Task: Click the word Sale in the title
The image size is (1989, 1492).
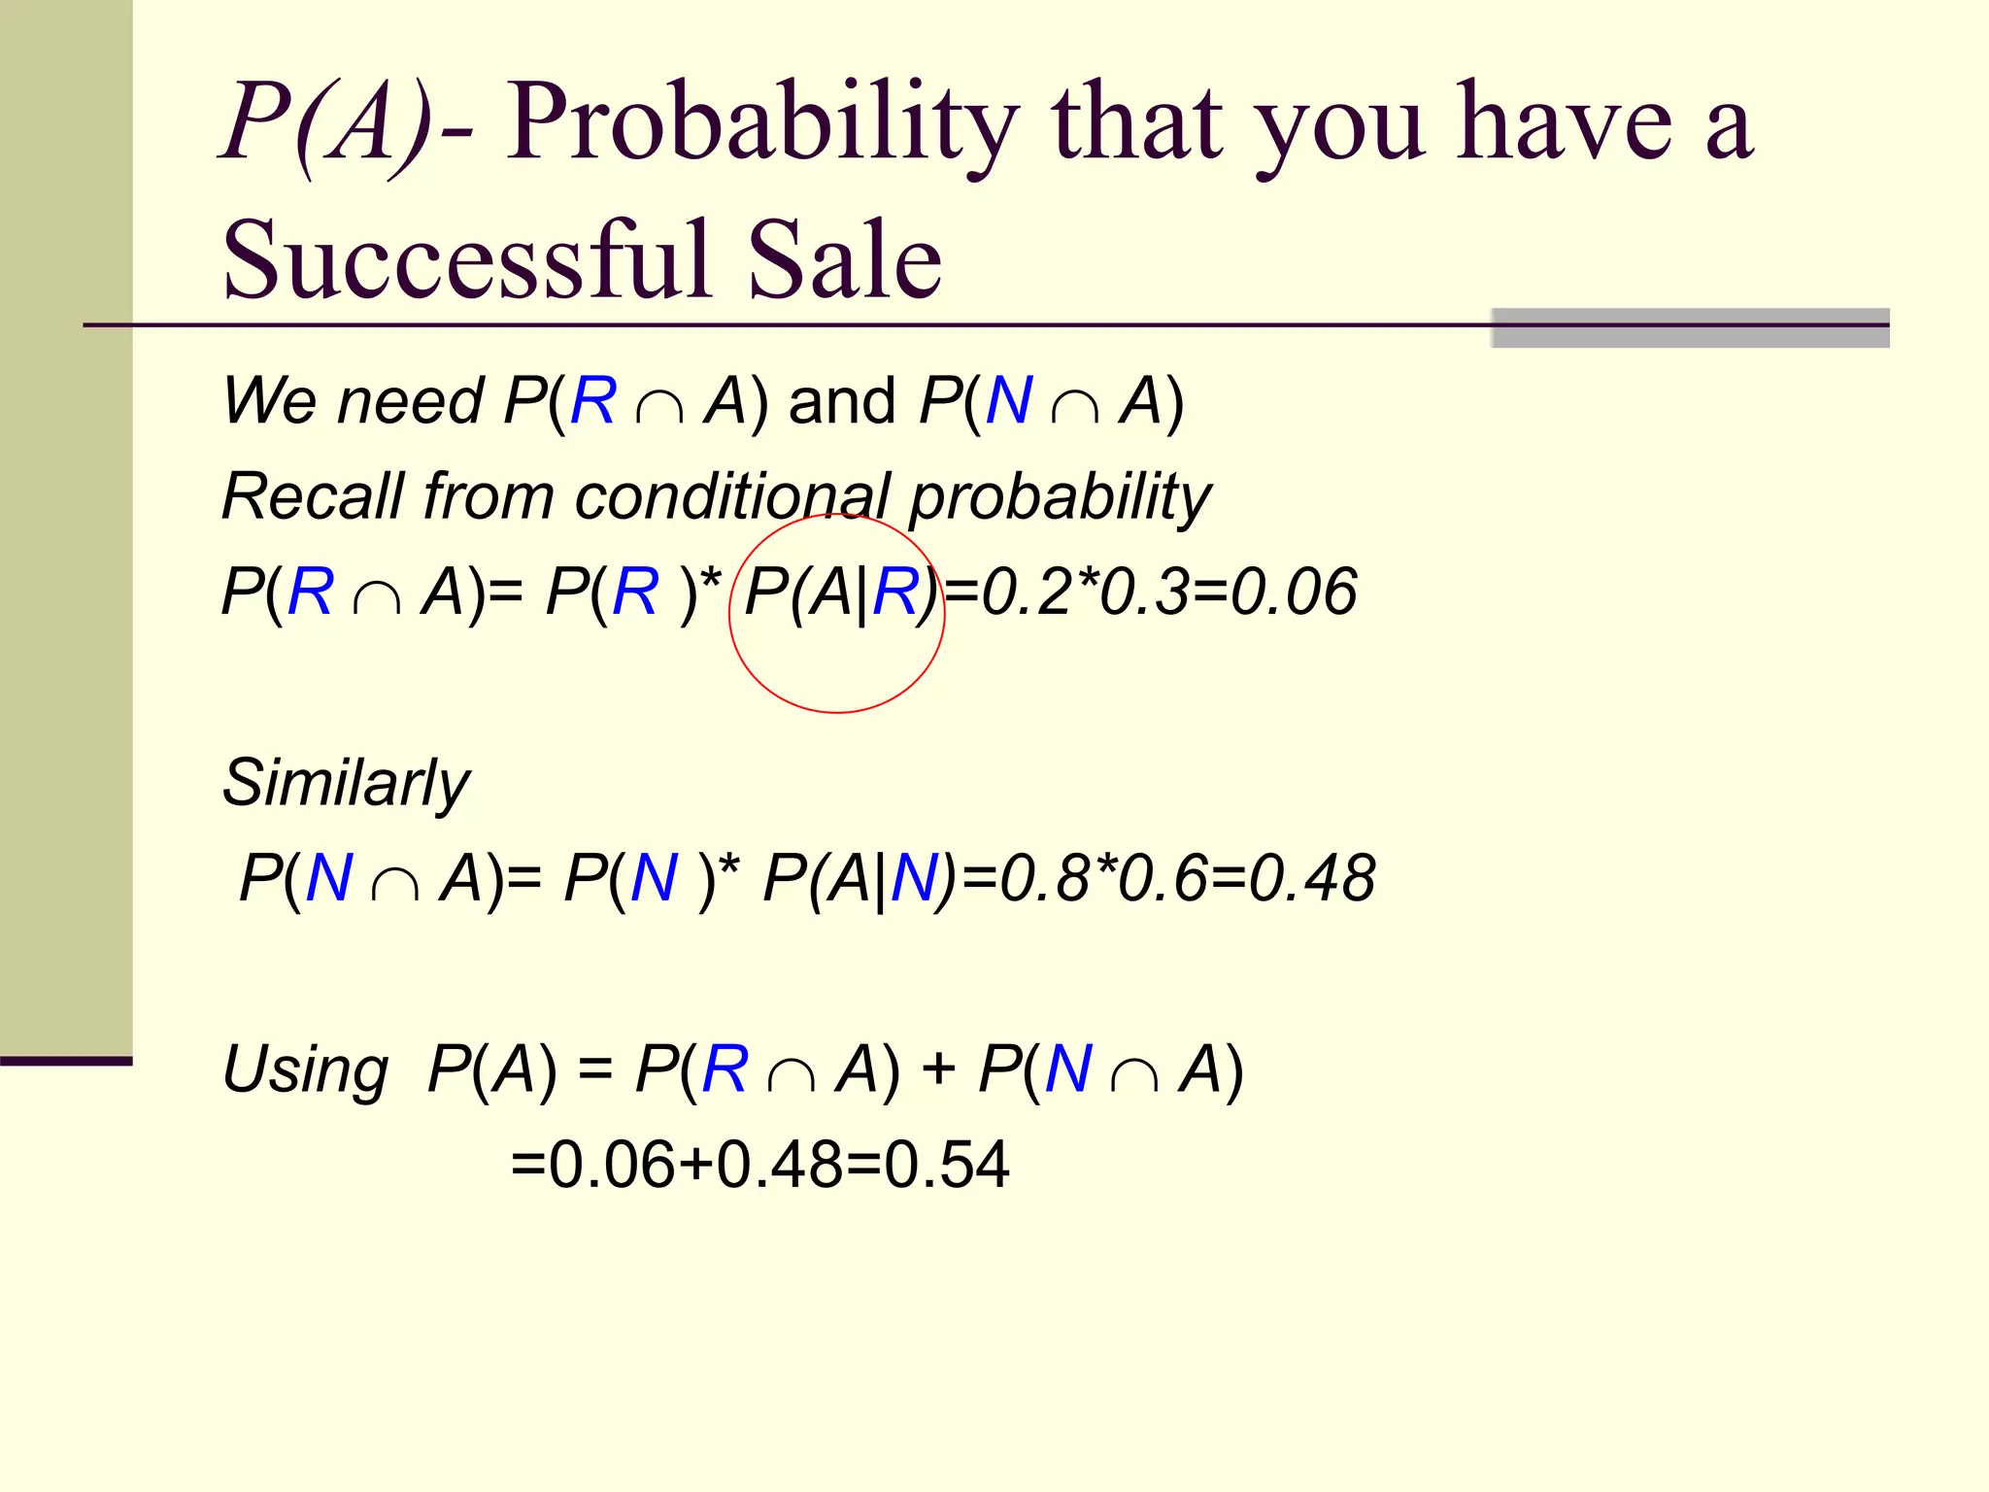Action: tap(843, 260)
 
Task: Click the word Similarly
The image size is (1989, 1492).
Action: tap(346, 783)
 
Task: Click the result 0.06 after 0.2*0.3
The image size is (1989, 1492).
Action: tap(1294, 592)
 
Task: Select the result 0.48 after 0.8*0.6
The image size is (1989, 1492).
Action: tap(1312, 878)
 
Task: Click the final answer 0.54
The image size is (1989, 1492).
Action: tap(947, 1165)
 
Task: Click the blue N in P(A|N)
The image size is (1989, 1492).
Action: tap(913, 878)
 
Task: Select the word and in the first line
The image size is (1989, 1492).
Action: tap(841, 401)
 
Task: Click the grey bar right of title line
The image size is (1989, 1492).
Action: tap(1690, 328)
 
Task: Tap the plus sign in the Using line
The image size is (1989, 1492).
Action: tap(938, 1069)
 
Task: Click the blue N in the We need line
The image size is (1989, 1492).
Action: tap(1008, 401)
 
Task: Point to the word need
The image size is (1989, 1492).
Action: tap(409, 401)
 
